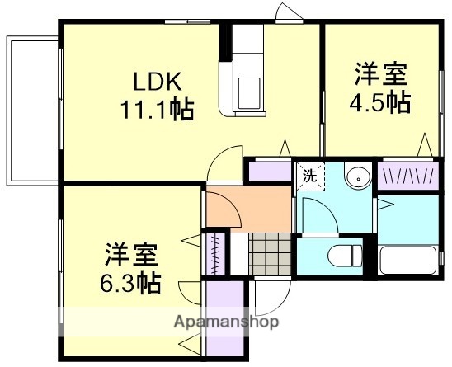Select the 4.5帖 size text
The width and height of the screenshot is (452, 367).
pyautogui.click(x=381, y=102)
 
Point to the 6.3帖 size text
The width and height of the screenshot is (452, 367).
pyautogui.click(x=130, y=282)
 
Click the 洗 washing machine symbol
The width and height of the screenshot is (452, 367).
pyautogui.click(x=308, y=176)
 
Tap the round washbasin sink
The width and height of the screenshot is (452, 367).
pyautogui.click(x=357, y=176)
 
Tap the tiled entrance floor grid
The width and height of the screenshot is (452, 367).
pyautogui.click(x=270, y=252)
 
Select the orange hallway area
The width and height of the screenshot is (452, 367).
pyautogui.click(x=246, y=209)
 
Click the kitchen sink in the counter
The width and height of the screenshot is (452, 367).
pyautogui.click(x=247, y=86)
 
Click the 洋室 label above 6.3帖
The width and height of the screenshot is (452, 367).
pyautogui.click(x=130, y=254)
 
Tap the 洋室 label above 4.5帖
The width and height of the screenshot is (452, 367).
pyautogui.click(x=381, y=74)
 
